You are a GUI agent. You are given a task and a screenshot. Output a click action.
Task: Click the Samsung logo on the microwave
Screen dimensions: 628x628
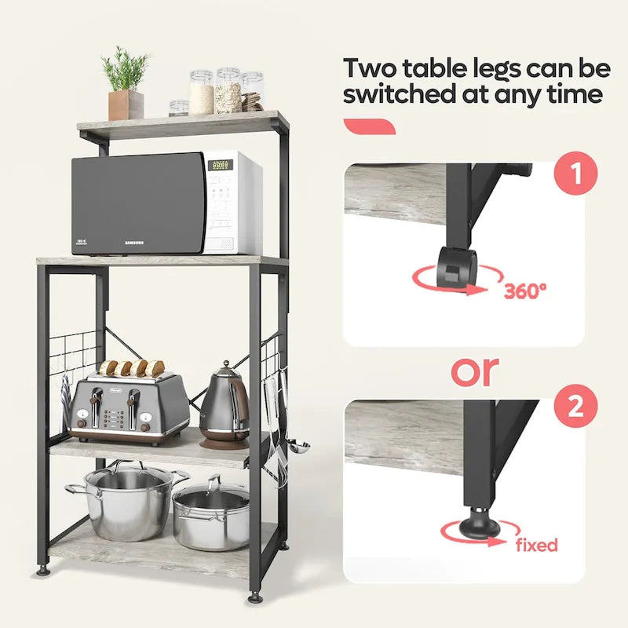pos(134,243)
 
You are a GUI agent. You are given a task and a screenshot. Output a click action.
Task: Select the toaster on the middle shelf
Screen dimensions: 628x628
pos(129,408)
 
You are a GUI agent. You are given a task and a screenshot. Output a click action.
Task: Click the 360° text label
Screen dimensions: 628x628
pos(525,290)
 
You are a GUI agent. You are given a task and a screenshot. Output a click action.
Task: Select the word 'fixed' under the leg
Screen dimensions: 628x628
pos(537,544)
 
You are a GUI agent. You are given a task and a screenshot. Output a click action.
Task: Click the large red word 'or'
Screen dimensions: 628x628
pos(474,371)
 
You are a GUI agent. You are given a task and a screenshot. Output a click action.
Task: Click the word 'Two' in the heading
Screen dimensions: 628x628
pos(372,68)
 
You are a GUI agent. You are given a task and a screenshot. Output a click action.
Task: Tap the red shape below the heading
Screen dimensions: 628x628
pos(370,126)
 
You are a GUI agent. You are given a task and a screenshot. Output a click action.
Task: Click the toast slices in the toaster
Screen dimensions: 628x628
pos(131,367)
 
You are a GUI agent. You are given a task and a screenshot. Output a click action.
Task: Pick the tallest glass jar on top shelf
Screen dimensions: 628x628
pos(228,89)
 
